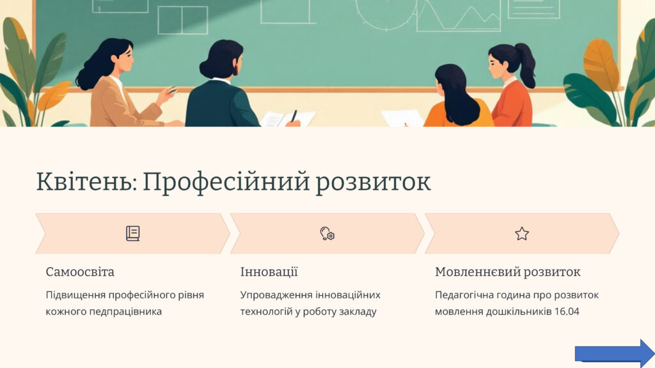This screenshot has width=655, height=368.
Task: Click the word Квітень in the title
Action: [86, 182]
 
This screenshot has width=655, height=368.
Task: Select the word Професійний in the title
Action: [225, 183]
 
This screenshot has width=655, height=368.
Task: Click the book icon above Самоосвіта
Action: [133, 233]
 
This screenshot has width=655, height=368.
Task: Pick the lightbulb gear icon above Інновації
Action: [327, 233]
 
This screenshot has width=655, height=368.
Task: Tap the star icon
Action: [522, 234]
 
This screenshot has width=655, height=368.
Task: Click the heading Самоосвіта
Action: [80, 272]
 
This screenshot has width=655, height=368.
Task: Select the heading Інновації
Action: [269, 272]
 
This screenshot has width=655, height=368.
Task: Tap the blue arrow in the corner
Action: [614, 353]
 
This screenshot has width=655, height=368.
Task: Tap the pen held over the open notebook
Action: [294, 116]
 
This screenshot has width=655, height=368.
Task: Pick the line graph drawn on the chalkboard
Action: [458, 17]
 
